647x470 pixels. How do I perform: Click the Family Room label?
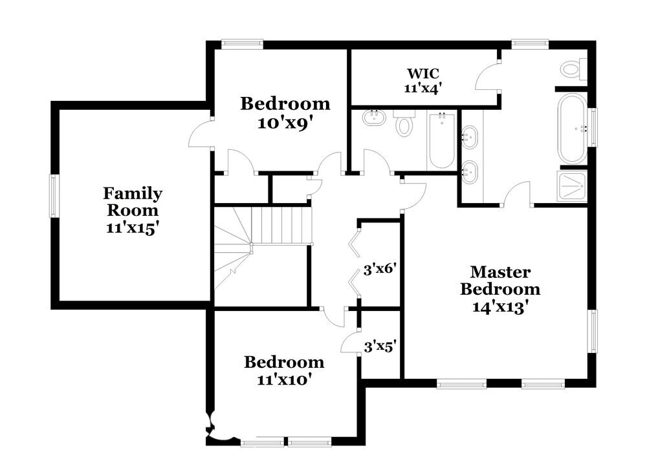(133, 202)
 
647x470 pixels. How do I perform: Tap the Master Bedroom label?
(500, 281)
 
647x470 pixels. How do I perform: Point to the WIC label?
(424, 72)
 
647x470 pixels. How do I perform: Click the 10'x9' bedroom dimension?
(285, 123)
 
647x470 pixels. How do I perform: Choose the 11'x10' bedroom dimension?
(283, 379)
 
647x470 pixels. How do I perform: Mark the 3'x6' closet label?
(379, 268)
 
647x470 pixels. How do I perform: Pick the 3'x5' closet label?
(379, 346)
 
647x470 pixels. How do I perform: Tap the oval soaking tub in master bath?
(572, 129)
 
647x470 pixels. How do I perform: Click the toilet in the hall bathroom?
(404, 123)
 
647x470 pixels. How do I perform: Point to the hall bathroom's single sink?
(373, 118)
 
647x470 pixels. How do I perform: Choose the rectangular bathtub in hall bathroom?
(441, 140)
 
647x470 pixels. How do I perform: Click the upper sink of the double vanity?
(471, 137)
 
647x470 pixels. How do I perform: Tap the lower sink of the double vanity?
(471, 171)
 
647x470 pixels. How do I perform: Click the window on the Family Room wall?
(55, 196)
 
